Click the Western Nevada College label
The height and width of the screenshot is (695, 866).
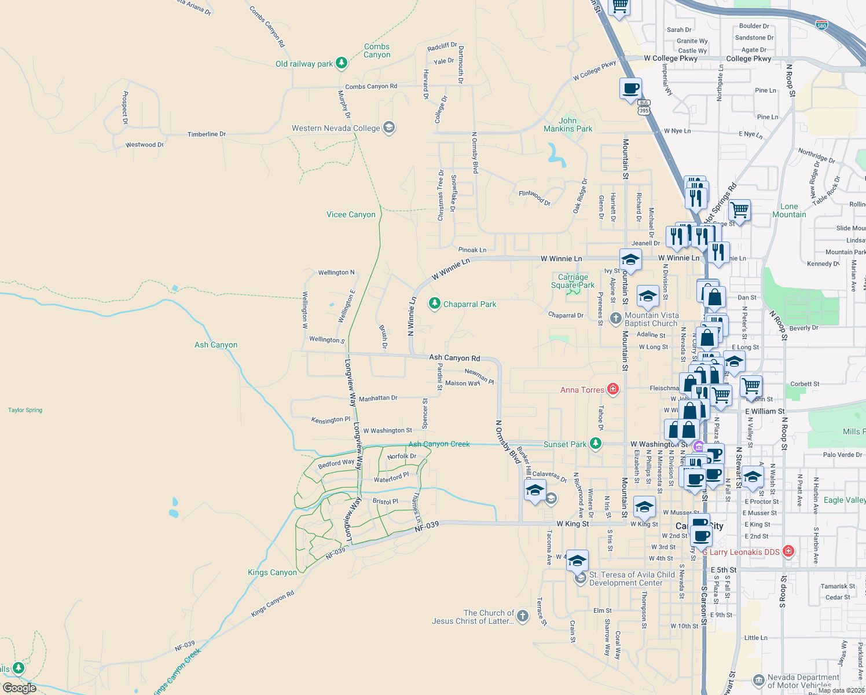click(x=336, y=128)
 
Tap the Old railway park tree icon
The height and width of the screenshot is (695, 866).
click(x=342, y=63)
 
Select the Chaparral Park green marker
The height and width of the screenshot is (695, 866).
click(x=434, y=303)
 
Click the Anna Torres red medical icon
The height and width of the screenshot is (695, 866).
click(x=613, y=389)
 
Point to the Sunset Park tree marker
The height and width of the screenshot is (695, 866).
click(x=596, y=444)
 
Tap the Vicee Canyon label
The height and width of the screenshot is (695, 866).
click(x=351, y=214)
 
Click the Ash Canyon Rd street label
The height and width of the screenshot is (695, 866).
click(x=454, y=357)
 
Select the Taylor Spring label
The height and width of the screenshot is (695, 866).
click(x=25, y=410)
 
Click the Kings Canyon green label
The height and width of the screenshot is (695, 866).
click(x=272, y=572)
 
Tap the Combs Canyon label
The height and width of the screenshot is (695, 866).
click(x=377, y=50)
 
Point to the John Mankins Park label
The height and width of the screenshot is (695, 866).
click(x=568, y=125)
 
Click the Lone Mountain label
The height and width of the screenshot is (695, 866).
click(x=789, y=210)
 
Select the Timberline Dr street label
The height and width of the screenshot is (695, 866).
click(x=207, y=134)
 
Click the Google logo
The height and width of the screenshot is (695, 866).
click(x=20, y=688)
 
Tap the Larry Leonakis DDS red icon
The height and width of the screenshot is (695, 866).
click(x=788, y=551)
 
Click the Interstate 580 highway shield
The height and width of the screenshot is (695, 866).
click(x=822, y=25)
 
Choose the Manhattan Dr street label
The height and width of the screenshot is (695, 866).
click(x=378, y=398)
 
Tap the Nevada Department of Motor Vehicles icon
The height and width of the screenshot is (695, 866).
click(x=758, y=679)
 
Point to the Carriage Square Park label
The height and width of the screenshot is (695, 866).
click(x=573, y=281)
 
